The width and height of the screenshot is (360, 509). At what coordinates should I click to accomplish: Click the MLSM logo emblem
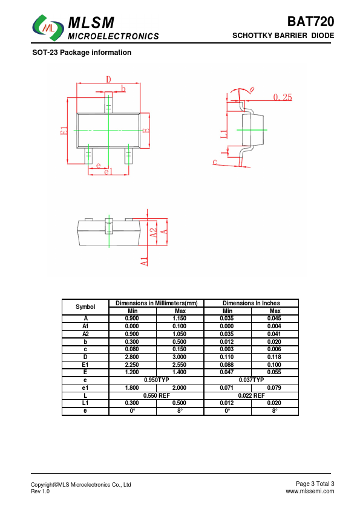point(48,28)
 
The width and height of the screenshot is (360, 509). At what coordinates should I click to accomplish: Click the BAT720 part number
point(310,21)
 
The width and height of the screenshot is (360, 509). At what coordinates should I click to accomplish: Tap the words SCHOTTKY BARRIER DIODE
point(283,36)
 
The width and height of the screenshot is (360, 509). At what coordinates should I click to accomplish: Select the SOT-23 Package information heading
point(82,53)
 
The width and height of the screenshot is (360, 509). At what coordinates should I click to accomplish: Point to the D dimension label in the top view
point(108,79)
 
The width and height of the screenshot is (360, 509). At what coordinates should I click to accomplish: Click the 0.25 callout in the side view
point(283,97)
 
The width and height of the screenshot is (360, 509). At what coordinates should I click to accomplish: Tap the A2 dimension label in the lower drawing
point(153,232)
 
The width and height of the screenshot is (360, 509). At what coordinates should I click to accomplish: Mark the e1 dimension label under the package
point(108,172)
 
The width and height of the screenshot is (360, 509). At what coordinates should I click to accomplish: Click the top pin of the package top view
point(108,103)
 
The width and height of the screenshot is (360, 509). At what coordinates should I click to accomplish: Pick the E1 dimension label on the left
point(64,131)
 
